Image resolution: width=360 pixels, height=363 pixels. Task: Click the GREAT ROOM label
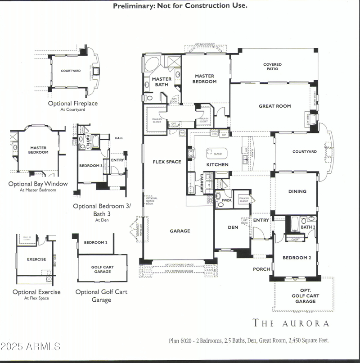(x=274, y=106)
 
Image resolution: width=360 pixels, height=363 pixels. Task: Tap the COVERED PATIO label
(x=272, y=67)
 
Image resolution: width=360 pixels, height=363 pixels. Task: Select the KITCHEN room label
(x=217, y=165)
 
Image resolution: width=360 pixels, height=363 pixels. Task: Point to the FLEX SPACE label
(x=167, y=162)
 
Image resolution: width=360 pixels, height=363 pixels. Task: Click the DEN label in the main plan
(x=233, y=227)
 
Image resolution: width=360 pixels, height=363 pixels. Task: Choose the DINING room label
(x=297, y=191)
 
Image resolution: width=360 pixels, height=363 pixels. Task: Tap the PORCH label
(x=261, y=269)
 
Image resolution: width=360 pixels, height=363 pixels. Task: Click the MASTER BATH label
(x=161, y=82)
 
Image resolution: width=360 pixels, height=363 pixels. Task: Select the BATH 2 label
(x=308, y=227)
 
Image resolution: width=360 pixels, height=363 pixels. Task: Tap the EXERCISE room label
(x=36, y=259)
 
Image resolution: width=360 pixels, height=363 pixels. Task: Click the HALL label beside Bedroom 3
(x=119, y=138)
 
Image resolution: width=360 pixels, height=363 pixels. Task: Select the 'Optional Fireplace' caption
(x=73, y=104)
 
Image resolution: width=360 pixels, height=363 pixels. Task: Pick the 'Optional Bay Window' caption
(x=38, y=184)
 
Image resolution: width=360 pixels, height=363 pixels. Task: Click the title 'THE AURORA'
(x=291, y=323)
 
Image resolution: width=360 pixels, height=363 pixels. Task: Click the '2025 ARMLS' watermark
(x=31, y=347)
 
